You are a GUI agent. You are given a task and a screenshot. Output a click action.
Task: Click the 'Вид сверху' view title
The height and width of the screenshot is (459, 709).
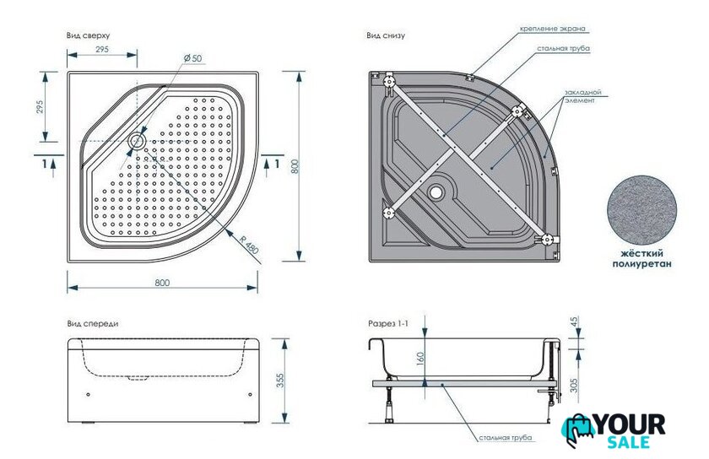tap(88, 35)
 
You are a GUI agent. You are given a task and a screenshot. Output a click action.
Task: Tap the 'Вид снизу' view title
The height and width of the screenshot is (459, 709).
tap(386, 35)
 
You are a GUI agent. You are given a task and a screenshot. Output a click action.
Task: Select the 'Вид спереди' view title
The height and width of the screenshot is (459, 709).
tap(92, 324)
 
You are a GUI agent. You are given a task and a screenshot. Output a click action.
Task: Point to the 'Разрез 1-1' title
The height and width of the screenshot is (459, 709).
tap(388, 324)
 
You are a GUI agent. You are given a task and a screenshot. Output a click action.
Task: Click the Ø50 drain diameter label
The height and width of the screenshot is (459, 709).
tap(192, 58)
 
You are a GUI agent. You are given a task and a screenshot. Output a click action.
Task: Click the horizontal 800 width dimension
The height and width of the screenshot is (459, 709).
tap(162, 283)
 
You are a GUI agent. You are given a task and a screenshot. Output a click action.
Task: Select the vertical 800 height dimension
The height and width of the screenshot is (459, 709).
tap(295, 166)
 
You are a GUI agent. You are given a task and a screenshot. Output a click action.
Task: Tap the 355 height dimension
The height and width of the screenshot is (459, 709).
tap(280, 381)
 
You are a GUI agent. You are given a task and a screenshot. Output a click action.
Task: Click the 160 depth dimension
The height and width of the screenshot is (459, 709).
tap(419, 359)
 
